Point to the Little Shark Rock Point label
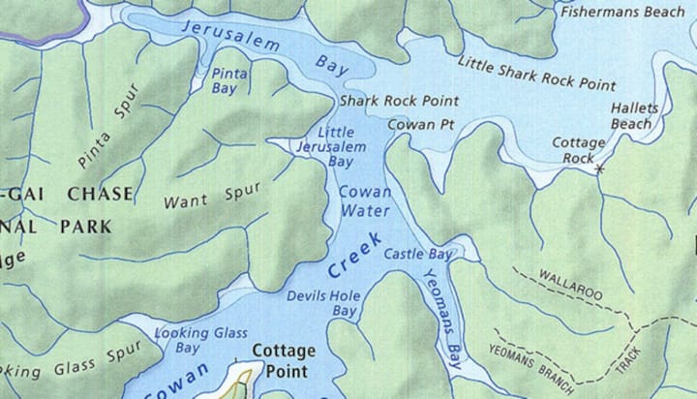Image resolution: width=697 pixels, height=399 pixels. [x=523, y=73]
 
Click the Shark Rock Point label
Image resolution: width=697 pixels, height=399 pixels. [x=385, y=101]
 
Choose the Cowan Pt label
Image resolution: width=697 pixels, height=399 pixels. [x=420, y=124]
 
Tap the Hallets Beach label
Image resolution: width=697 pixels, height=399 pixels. [x=630, y=116]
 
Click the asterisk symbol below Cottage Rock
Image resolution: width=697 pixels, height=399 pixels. [x=599, y=169]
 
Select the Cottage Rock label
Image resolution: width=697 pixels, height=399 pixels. [x=579, y=149]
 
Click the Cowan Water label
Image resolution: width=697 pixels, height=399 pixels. [x=364, y=200]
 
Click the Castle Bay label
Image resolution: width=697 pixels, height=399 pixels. [x=418, y=255]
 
